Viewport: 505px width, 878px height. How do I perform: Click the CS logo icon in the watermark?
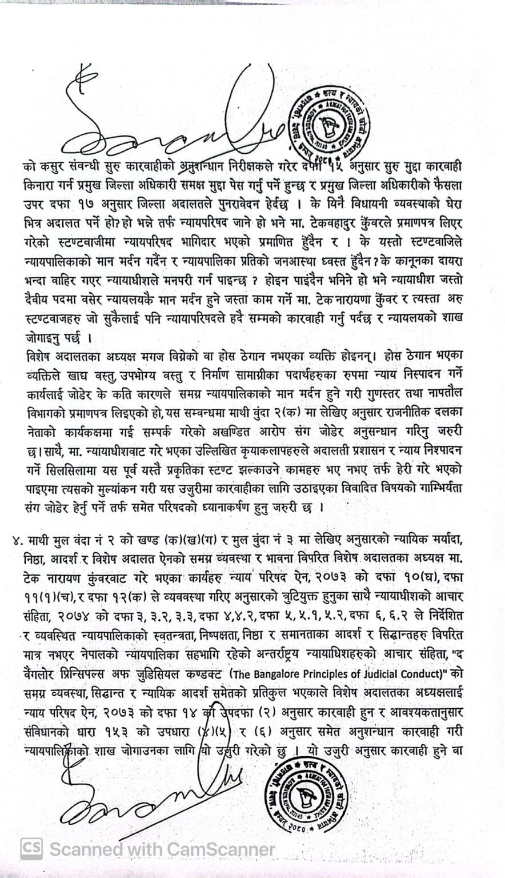pos(32,848)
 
